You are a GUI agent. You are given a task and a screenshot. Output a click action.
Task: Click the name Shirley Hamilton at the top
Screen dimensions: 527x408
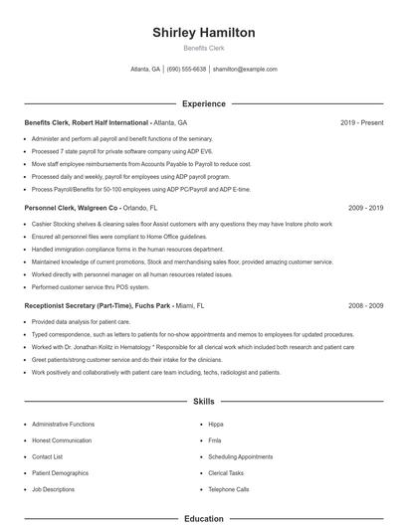(203, 33)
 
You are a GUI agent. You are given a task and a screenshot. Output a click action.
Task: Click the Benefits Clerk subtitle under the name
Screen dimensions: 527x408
(203, 48)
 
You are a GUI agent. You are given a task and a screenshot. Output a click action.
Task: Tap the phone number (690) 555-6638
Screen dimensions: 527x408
(186, 70)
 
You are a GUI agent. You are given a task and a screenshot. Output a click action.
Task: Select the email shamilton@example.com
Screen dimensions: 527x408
(245, 70)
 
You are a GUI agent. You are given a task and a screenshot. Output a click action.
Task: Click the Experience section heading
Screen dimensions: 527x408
(203, 103)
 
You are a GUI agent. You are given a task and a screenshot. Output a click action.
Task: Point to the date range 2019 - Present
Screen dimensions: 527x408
(361, 122)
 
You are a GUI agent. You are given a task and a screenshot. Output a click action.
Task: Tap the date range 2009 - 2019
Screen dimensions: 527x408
(365, 209)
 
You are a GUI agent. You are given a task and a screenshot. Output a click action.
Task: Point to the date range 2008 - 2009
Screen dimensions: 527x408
(365, 306)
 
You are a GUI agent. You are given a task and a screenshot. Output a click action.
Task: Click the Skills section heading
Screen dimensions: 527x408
(203, 402)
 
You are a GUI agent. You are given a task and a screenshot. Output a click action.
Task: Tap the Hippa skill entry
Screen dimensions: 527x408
(216, 424)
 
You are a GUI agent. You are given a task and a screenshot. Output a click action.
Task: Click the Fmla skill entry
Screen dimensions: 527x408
(215, 440)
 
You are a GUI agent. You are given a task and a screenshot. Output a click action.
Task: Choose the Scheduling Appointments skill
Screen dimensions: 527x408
(240, 456)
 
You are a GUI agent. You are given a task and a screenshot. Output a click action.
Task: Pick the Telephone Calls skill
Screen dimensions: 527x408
(229, 489)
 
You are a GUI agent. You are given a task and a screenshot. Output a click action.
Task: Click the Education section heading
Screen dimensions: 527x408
(203, 518)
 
